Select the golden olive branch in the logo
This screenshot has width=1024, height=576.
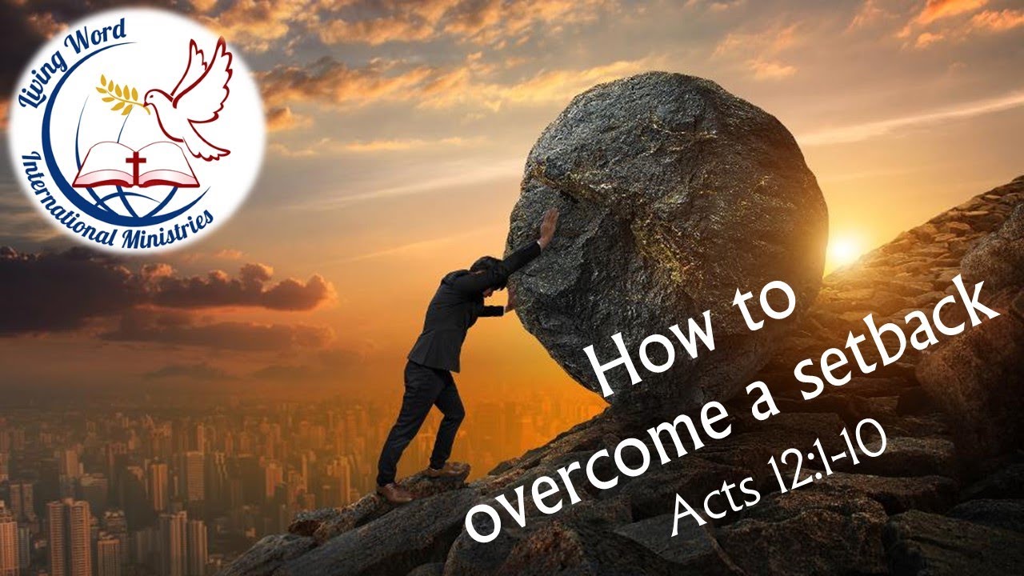pos(120,94)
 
